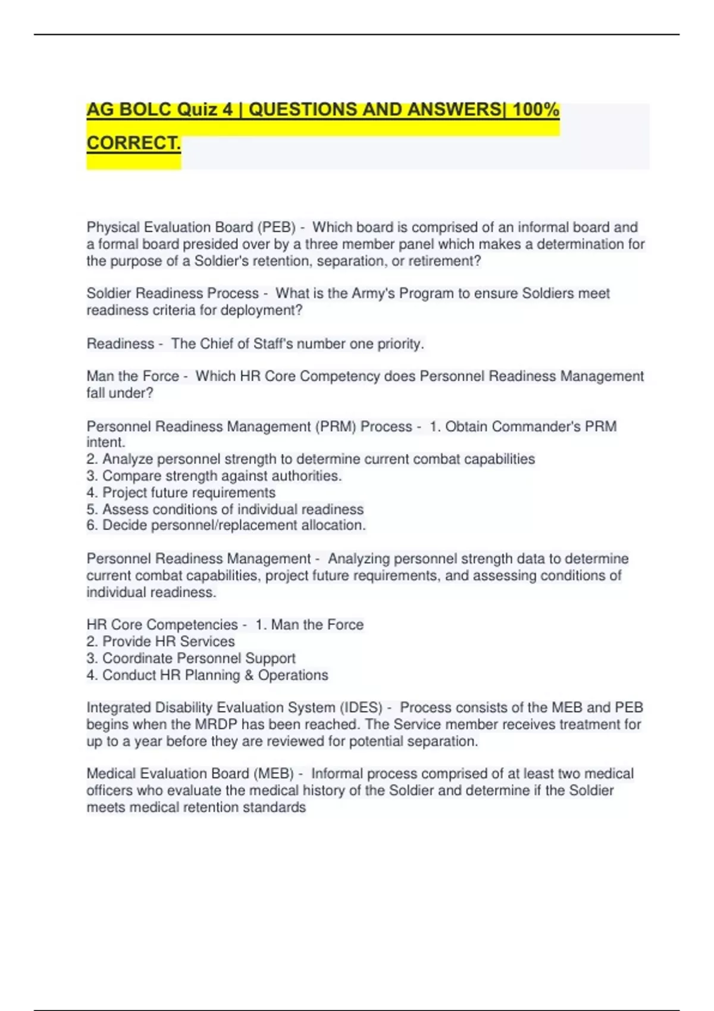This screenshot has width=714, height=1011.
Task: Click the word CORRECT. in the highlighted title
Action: click(134, 143)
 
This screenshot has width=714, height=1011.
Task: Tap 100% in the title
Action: click(535, 110)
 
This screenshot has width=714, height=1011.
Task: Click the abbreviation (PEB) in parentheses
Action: click(276, 227)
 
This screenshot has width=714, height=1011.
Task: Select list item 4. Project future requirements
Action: click(181, 492)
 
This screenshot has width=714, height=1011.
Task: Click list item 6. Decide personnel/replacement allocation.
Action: click(226, 525)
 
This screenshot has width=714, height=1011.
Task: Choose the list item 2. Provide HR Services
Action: click(161, 641)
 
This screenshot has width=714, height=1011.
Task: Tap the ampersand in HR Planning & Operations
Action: click(248, 675)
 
